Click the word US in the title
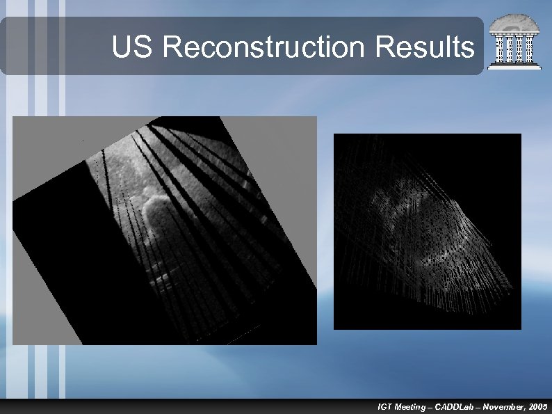(136, 47)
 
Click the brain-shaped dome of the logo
(514, 25)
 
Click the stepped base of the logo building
(514, 66)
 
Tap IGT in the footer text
(384, 406)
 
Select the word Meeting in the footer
(409, 406)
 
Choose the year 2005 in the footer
(538, 406)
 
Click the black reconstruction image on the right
(427, 231)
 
